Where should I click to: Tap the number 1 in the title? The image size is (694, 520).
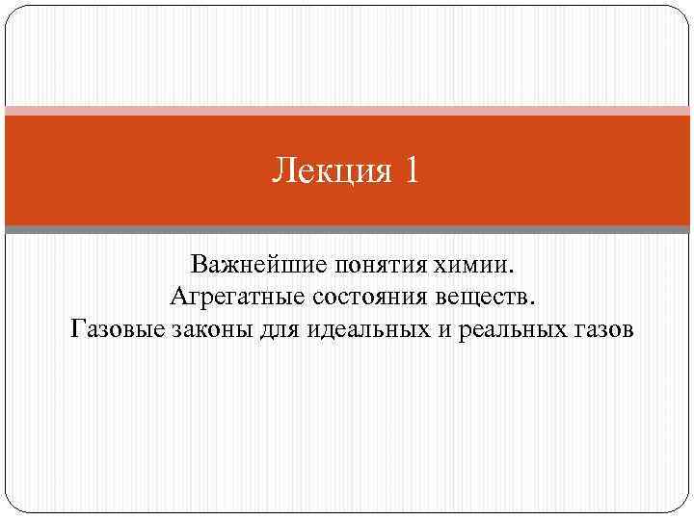412,171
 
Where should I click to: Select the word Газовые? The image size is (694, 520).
117,330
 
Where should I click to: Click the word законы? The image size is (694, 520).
217,330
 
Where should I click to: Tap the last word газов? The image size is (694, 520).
602,330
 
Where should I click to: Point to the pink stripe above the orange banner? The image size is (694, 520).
347,111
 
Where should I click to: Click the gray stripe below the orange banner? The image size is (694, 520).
347,230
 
